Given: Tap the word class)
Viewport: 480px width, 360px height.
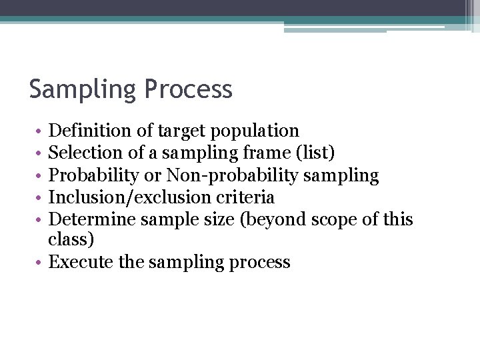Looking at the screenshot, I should (x=71, y=240).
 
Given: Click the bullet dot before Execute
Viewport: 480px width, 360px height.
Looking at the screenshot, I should (x=41, y=263).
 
